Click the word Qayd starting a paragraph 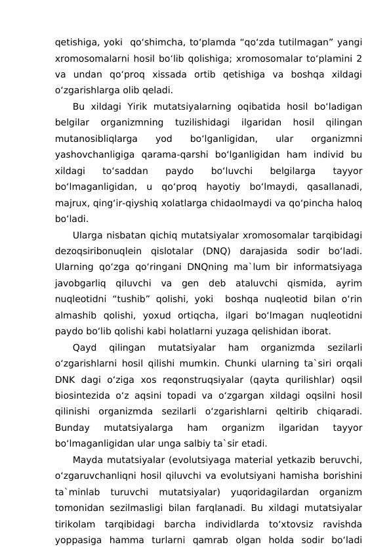tap(85, 345)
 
